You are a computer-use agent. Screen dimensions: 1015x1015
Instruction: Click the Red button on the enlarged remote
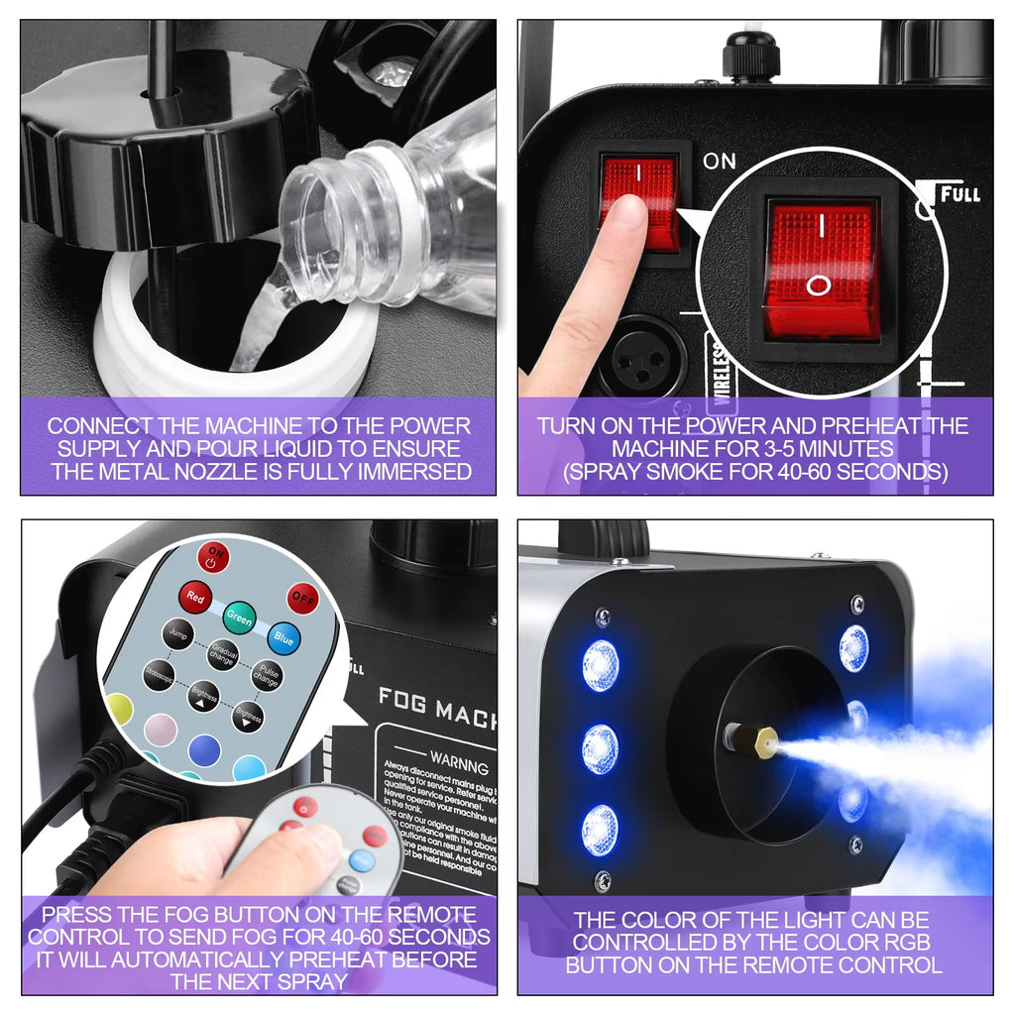click(x=195, y=599)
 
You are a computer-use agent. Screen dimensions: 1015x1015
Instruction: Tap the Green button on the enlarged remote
click(x=239, y=618)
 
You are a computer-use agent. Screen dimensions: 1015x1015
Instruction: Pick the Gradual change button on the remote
click(x=222, y=655)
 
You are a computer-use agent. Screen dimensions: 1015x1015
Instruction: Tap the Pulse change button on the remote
click(x=266, y=676)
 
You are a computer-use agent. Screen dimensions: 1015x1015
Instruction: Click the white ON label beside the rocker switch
click(x=719, y=161)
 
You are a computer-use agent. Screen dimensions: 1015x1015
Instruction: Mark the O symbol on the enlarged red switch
click(x=819, y=285)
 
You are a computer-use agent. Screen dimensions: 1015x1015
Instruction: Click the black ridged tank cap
click(x=169, y=149)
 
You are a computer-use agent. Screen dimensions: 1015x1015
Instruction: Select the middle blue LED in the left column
click(x=600, y=747)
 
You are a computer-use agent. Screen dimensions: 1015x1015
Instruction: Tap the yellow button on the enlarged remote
click(x=119, y=708)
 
